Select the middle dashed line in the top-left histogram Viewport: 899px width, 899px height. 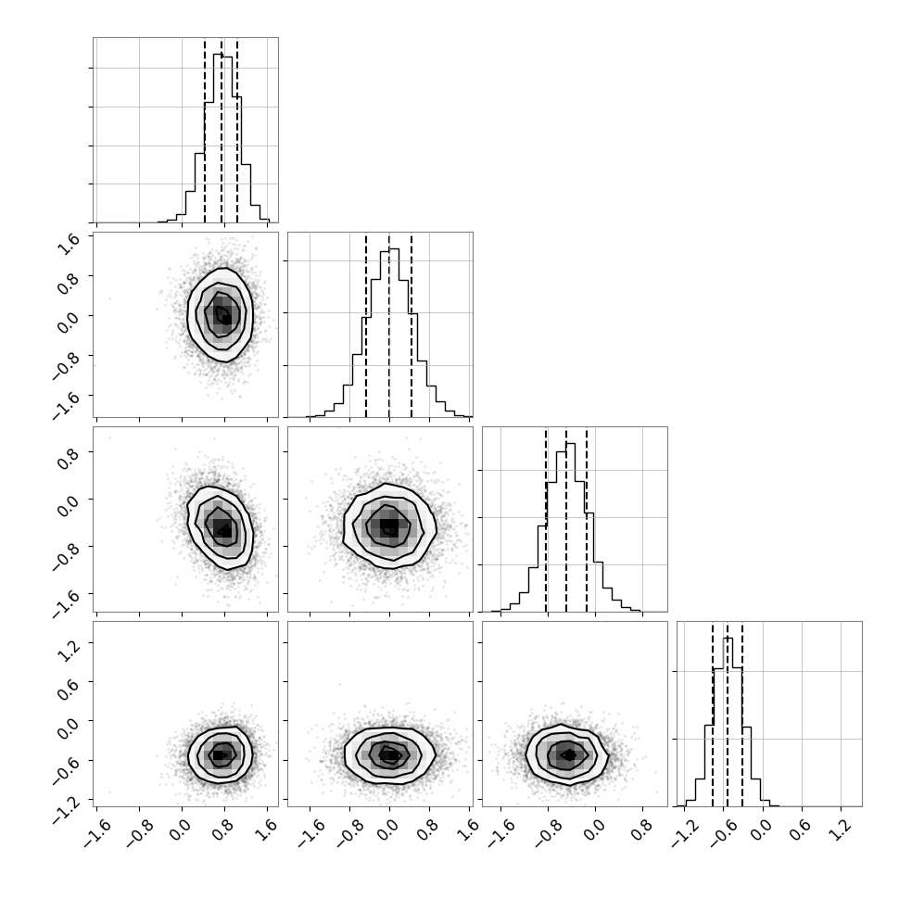pos(222,131)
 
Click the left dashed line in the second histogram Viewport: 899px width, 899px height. pos(366,325)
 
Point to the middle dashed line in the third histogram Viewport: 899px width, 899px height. pos(566,520)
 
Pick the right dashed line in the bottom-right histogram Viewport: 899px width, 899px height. pos(742,715)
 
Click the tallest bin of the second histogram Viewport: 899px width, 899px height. pos(394,333)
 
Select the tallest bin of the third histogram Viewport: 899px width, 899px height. pos(571,527)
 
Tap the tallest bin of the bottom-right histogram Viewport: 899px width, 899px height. pos(728,722)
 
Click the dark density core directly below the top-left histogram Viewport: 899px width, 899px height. pos(222,314)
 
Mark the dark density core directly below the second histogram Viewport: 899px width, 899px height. pos(389,525)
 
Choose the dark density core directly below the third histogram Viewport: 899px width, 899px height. pos(568,755)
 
